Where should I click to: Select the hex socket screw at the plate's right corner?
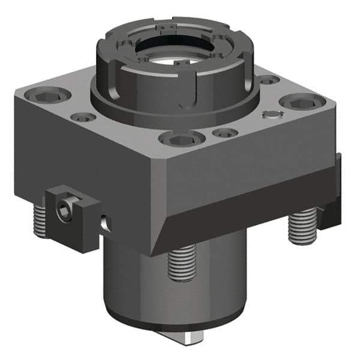click(x=297, y=103)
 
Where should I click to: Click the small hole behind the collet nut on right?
click(x=268, y=79)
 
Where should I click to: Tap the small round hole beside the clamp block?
click(x=106, y=223)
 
